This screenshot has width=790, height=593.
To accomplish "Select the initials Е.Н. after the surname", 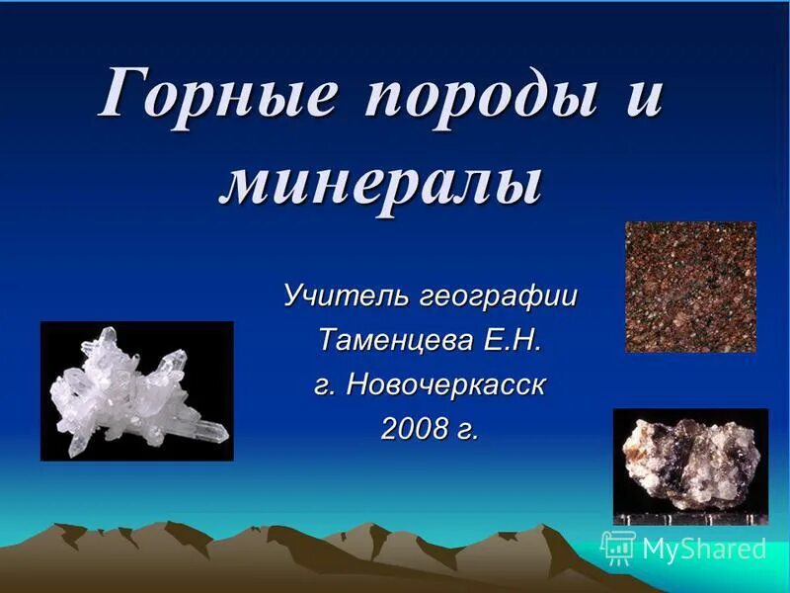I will pos(513,340).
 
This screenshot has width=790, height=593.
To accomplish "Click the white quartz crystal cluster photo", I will pos(137,391).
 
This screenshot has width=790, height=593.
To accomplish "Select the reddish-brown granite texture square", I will pos(690,287).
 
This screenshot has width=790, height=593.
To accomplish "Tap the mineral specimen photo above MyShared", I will pos(690,461).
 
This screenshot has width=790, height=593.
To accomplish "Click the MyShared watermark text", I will pos(704,549).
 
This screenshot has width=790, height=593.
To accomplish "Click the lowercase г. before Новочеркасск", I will pos(325,386).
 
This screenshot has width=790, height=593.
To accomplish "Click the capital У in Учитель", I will pos(293,295).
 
